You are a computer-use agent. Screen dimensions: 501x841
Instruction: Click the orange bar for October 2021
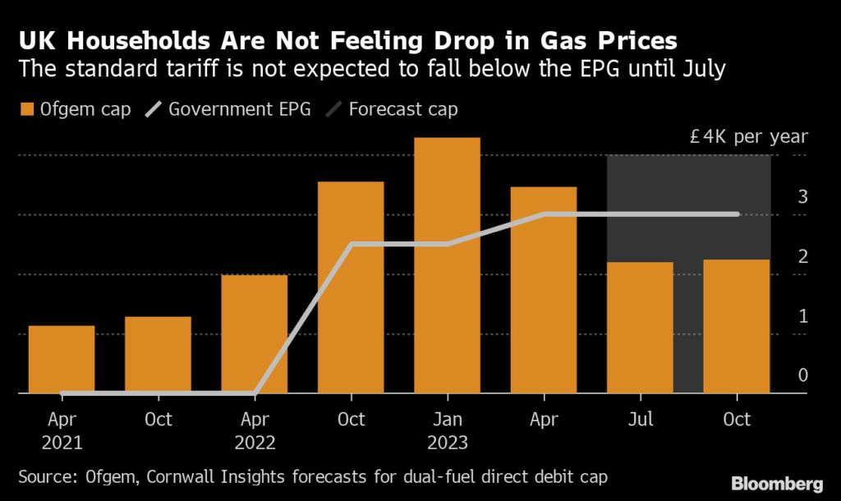158,355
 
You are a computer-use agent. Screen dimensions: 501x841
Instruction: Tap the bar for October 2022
351,287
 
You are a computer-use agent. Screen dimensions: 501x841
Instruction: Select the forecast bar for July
640,328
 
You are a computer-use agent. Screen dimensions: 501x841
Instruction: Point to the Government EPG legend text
240,109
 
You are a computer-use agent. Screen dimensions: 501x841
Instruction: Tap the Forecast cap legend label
402,109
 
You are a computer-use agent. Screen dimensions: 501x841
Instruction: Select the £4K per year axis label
749,137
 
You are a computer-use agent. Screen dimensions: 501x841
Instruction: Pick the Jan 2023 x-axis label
447,430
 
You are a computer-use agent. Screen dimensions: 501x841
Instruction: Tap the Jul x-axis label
640,419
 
